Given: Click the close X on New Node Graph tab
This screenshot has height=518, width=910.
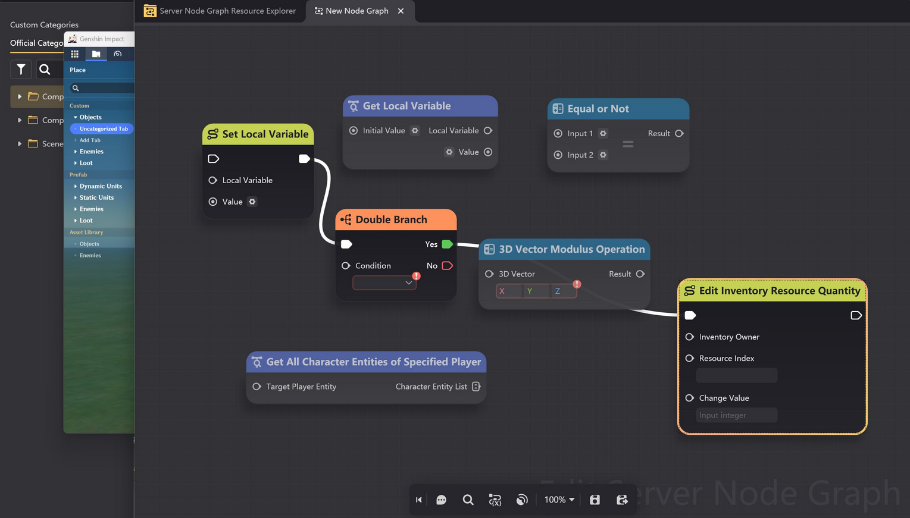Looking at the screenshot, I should pyautogui.click(x=401, y=11).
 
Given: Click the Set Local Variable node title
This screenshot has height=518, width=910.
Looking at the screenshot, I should pyautogui.click(x=265, y=134).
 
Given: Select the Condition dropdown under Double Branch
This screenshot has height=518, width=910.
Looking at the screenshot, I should pyautogui.click(x=384, y=283).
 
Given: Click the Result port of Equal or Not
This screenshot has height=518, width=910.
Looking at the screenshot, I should pyautogui.click(x=679, y=134).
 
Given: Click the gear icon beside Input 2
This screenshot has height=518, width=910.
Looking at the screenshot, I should pyautogui.click(x=603, y=155).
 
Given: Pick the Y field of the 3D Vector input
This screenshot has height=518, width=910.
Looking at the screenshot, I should pyautogui.click(x=530, y=291).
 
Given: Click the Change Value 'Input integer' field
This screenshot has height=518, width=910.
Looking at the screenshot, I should pyautogui.click(x=736, y=415).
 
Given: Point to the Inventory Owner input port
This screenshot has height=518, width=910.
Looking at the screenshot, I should pyautogui.click(x=690, y=337).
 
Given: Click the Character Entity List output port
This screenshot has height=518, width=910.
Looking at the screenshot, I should pyautogui.click(x=476, y=387).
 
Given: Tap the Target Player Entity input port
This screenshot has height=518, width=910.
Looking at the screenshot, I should pyautogui.click(x=257, y=387).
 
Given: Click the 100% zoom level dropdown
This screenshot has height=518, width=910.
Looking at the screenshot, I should pyautogui.click(x=559, y=500).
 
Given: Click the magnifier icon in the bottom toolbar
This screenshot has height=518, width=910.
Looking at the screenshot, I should pyautogui.click(x=468, y=500).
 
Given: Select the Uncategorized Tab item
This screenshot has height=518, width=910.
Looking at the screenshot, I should pyautogui.click(x=104, y=129).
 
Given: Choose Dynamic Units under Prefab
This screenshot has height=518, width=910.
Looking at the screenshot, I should pyautogui.click(x=101, y=186).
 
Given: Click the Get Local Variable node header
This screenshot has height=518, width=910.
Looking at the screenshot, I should pyautogui.click(x=420, y=106).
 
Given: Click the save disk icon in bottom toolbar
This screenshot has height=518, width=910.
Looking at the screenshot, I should pyautogui.click(x=595, y=500).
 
